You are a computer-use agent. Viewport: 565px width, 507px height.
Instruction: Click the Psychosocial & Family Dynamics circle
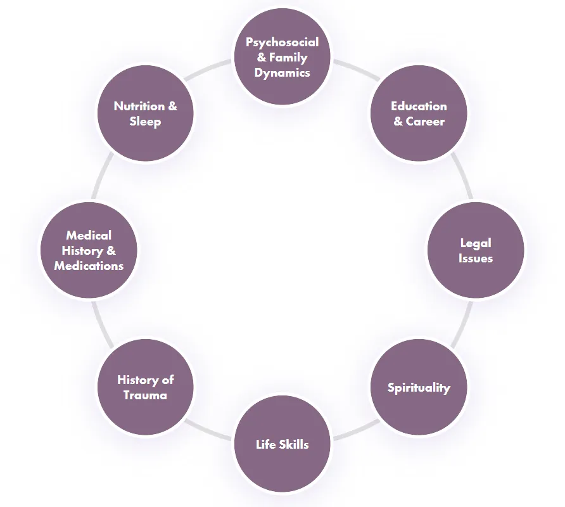click(282, 58)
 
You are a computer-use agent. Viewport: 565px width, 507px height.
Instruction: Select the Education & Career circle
click(419, 114)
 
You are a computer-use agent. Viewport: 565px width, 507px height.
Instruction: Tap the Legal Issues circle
click(476, 250)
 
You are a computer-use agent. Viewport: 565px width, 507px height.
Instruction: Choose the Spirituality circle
click(419, 387)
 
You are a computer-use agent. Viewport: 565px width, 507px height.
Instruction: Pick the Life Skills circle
click(282, 444)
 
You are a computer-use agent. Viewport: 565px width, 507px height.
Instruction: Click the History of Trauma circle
click(146, 387)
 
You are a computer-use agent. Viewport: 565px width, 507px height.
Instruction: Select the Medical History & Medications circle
click(89, 250)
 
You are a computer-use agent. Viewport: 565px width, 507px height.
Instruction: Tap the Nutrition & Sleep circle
click(146, 114)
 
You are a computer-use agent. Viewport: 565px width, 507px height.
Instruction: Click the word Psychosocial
click(282, 42)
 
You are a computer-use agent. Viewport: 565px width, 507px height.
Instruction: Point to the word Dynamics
click(282, 73)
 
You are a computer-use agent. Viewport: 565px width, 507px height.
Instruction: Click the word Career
click(425, 122)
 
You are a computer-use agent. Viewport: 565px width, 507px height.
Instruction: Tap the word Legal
click(476, 243)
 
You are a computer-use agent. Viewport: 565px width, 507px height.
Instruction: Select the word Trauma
click(146, 395)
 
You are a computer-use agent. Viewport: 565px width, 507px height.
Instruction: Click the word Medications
click(89, 266)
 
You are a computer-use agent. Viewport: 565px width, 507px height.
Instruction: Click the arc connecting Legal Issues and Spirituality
click(463, 323)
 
